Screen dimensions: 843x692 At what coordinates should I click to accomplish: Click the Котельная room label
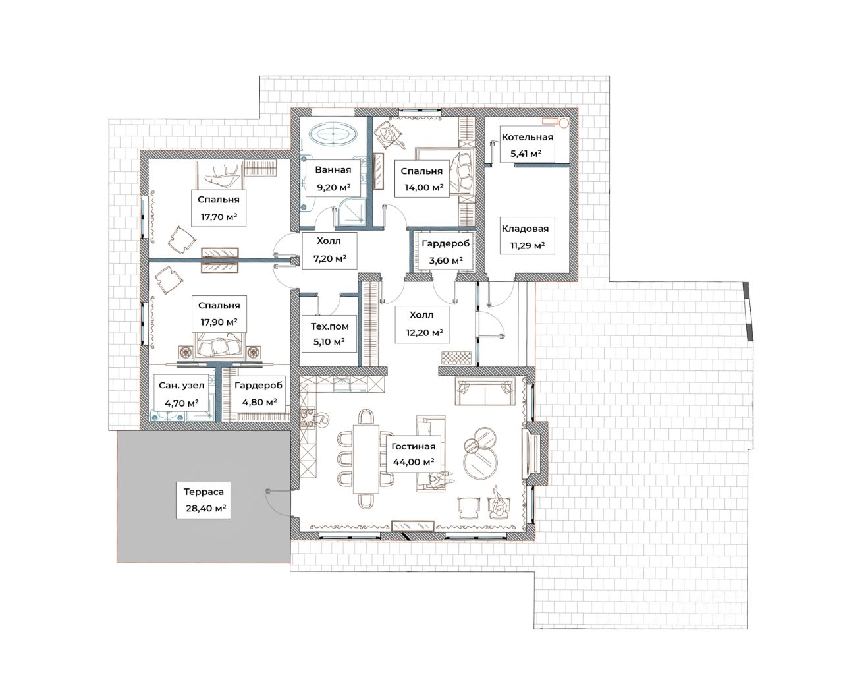click(527, 137)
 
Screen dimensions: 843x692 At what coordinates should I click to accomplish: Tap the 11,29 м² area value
click(528, 245)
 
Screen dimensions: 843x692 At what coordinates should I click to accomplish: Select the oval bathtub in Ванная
click(333, 133)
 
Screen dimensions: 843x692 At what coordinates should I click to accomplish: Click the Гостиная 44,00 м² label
click(414, 453)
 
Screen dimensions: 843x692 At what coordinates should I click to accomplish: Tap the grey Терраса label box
click(204, 500)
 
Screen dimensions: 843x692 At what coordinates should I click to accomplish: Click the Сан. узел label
click(182, 385)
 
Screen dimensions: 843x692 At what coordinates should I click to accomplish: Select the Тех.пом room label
click(329, 326)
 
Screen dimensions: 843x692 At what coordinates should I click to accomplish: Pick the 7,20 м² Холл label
click(329, 250)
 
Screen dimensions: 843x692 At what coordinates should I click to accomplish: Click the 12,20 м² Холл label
click(422, 324)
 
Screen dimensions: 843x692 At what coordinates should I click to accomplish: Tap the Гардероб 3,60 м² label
click(446, 251)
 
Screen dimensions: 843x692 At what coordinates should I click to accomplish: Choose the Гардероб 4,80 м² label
click(259, 393)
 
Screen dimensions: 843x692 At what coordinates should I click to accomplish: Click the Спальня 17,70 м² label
click(218, 208)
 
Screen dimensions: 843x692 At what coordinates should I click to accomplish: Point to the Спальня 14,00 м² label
click(422, 179)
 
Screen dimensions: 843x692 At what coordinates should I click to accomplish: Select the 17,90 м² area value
click(219, 322)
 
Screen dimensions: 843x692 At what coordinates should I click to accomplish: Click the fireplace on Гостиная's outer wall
click(533, 453)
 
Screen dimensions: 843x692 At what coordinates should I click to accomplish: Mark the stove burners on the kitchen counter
click(307, 418)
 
